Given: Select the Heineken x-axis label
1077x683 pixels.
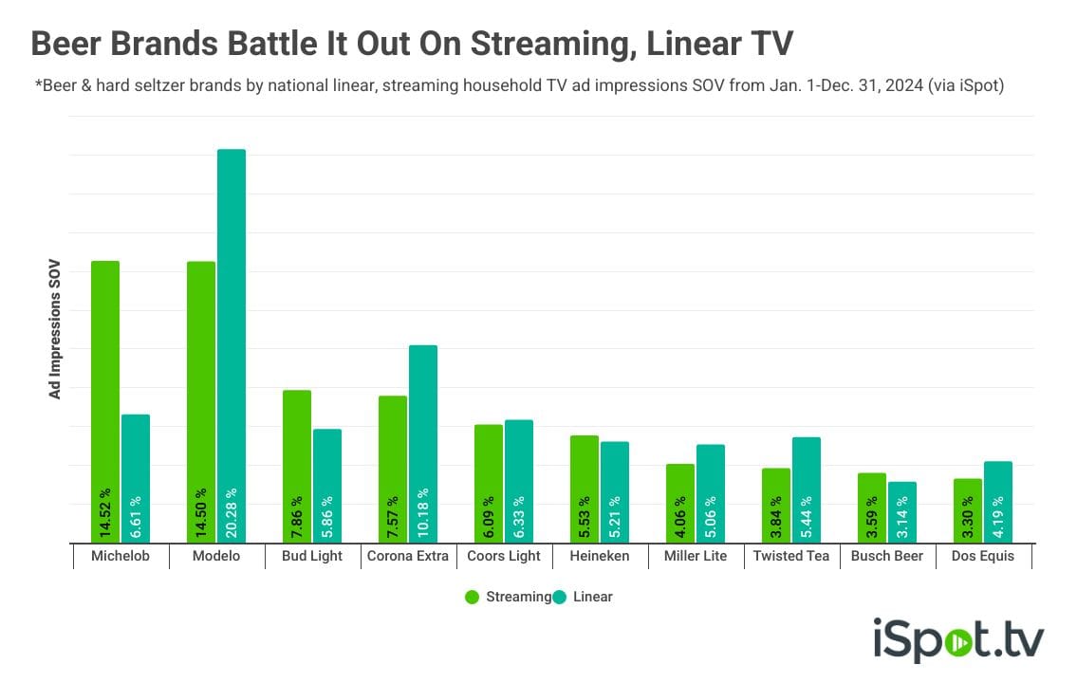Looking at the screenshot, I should click(x=600, y=556).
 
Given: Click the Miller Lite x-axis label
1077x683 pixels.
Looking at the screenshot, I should click(x=696, y=556).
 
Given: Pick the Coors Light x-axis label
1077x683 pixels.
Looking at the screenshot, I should click(x=504, y=556).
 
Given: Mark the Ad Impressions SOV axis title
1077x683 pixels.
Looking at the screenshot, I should click(x=55, y=328).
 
